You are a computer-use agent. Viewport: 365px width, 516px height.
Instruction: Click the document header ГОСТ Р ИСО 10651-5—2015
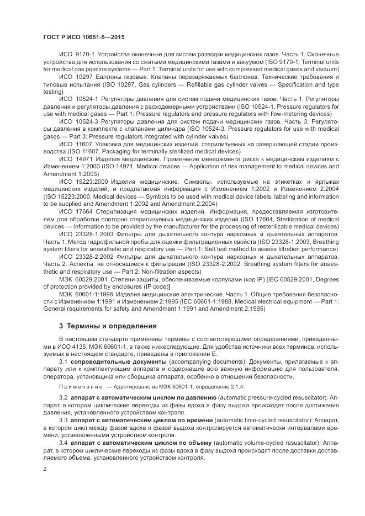tap(83, 36)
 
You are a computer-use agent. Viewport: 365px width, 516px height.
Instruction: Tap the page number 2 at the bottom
tap(45, 469)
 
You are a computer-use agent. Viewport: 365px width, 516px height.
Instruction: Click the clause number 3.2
tap(63, 397)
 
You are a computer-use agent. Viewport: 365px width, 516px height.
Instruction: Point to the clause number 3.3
tap(63, 420)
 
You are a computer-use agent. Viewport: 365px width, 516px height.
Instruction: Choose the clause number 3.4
tap(63, 443)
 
